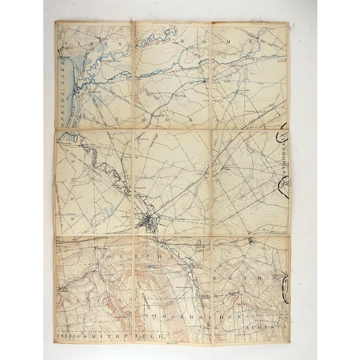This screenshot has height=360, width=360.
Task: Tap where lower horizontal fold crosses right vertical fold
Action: click(x=211, y=235)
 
